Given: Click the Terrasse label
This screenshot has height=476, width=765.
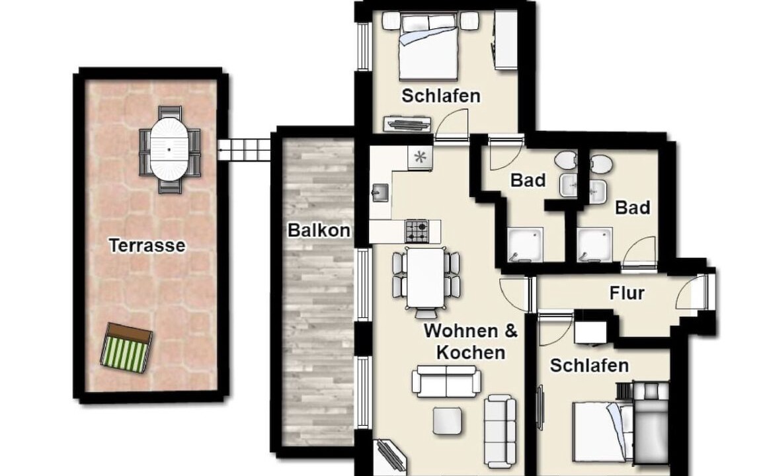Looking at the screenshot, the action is point(147,245).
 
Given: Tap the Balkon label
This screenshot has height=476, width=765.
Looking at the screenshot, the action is point(319,230).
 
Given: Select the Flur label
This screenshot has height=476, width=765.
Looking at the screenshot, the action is point(627,293).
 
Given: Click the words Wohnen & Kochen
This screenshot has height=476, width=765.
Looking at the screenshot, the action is point(471,341).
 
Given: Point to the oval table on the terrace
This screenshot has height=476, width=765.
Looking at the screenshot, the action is point(169,149).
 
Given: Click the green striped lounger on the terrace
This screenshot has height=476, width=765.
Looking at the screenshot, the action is point(126,348).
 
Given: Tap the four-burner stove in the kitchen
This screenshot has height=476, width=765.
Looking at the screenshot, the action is point(417,231).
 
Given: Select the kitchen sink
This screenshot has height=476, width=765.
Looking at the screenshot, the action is point(380,192).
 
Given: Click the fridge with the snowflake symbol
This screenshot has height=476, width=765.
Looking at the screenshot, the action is point(420,157).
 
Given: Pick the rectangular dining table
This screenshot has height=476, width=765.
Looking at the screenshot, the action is point(426,278).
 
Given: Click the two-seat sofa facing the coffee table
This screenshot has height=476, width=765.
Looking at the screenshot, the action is point(446,381).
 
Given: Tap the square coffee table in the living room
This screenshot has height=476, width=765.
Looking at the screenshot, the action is point(448,421).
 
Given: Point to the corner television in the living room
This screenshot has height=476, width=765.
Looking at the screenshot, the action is point(390,457).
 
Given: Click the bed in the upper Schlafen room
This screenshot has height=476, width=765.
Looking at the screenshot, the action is point(428,47).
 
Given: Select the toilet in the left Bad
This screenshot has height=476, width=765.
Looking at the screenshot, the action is point(566,159).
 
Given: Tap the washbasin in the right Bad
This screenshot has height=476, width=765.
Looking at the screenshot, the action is point(598,192).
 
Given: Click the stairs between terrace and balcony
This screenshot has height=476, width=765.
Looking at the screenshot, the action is point(244,149).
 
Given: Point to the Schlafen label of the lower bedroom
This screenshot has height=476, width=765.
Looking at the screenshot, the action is point(589,366).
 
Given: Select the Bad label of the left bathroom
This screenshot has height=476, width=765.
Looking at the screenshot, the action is point(528,180).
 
